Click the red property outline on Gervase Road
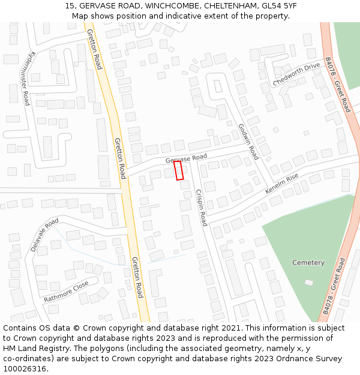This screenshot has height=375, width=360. (178, 170)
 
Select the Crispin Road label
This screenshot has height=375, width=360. (201, 208)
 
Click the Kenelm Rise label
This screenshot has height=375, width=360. (281, 185)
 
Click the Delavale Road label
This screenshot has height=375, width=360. (44, 235)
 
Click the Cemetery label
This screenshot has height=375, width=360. (308, 263)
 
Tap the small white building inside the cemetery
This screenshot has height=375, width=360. (308, 283)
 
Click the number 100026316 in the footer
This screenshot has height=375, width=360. (25, 368)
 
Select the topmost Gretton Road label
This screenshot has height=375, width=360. (95, 49)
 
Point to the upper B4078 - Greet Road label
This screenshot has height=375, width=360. (337, 85)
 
